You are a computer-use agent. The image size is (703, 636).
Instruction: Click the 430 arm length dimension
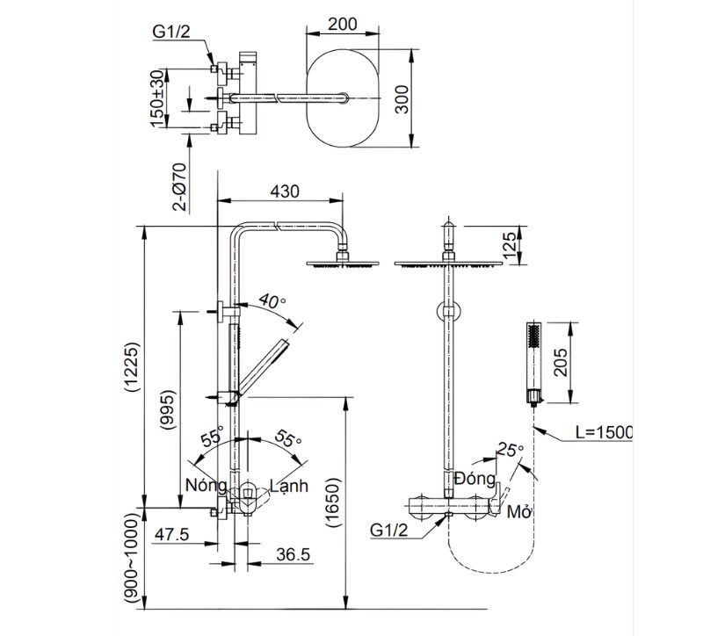pyautogui.click(x=284, y=191)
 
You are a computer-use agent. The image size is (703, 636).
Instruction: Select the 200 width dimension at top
pyautogui.click(x=343, y=24)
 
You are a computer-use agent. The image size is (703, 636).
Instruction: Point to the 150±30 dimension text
pyautogui.click(x=156, y=98)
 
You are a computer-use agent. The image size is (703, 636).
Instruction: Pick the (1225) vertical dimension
pyautogui.click(x=131, y=366)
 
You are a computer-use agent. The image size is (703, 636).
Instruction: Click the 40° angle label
pyautogui.click(x=272, y=302)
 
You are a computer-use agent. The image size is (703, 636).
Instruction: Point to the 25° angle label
pyautogui.click(x=509, y=449)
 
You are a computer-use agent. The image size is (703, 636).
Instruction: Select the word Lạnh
pyautogui.click(x=289, y=486)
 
